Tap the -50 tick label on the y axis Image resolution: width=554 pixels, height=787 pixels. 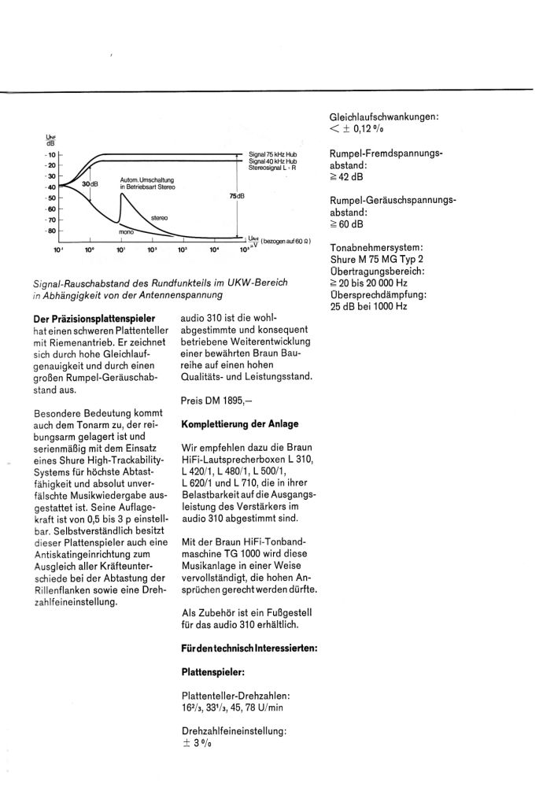(x=50, y=198)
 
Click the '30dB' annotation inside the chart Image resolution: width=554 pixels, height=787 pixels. (x=91, y=184)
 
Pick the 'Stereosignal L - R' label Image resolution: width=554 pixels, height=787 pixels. (x=271, y=168)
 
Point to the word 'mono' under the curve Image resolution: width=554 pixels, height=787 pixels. (x=126, y=233)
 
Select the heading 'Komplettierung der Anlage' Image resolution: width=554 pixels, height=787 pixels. (x=240, y=424)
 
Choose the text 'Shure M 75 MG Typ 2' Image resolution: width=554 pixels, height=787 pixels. (x=379, y=261)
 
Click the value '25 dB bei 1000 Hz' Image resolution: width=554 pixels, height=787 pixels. (x=369, y=306)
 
